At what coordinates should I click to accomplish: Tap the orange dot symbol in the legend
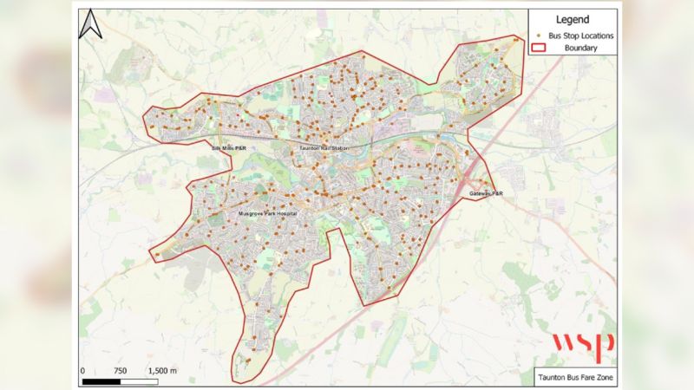click(x=539, y=36)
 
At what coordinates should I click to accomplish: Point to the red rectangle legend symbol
click(x=539, y=49)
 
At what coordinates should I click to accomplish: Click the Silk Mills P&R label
click(x=229, y=148)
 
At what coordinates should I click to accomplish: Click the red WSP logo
click(x=584, y=344)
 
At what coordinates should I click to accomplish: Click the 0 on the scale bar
click(x=82, y=371)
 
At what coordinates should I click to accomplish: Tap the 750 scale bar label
click(x=121, y=371)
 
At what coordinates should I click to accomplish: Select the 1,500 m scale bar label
click(x=162, y=371)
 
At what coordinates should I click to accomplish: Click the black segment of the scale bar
click(x=101, y=380)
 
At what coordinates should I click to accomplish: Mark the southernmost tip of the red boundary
click(x=235, y=382)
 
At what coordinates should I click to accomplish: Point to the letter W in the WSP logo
click(x=562, y=343)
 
